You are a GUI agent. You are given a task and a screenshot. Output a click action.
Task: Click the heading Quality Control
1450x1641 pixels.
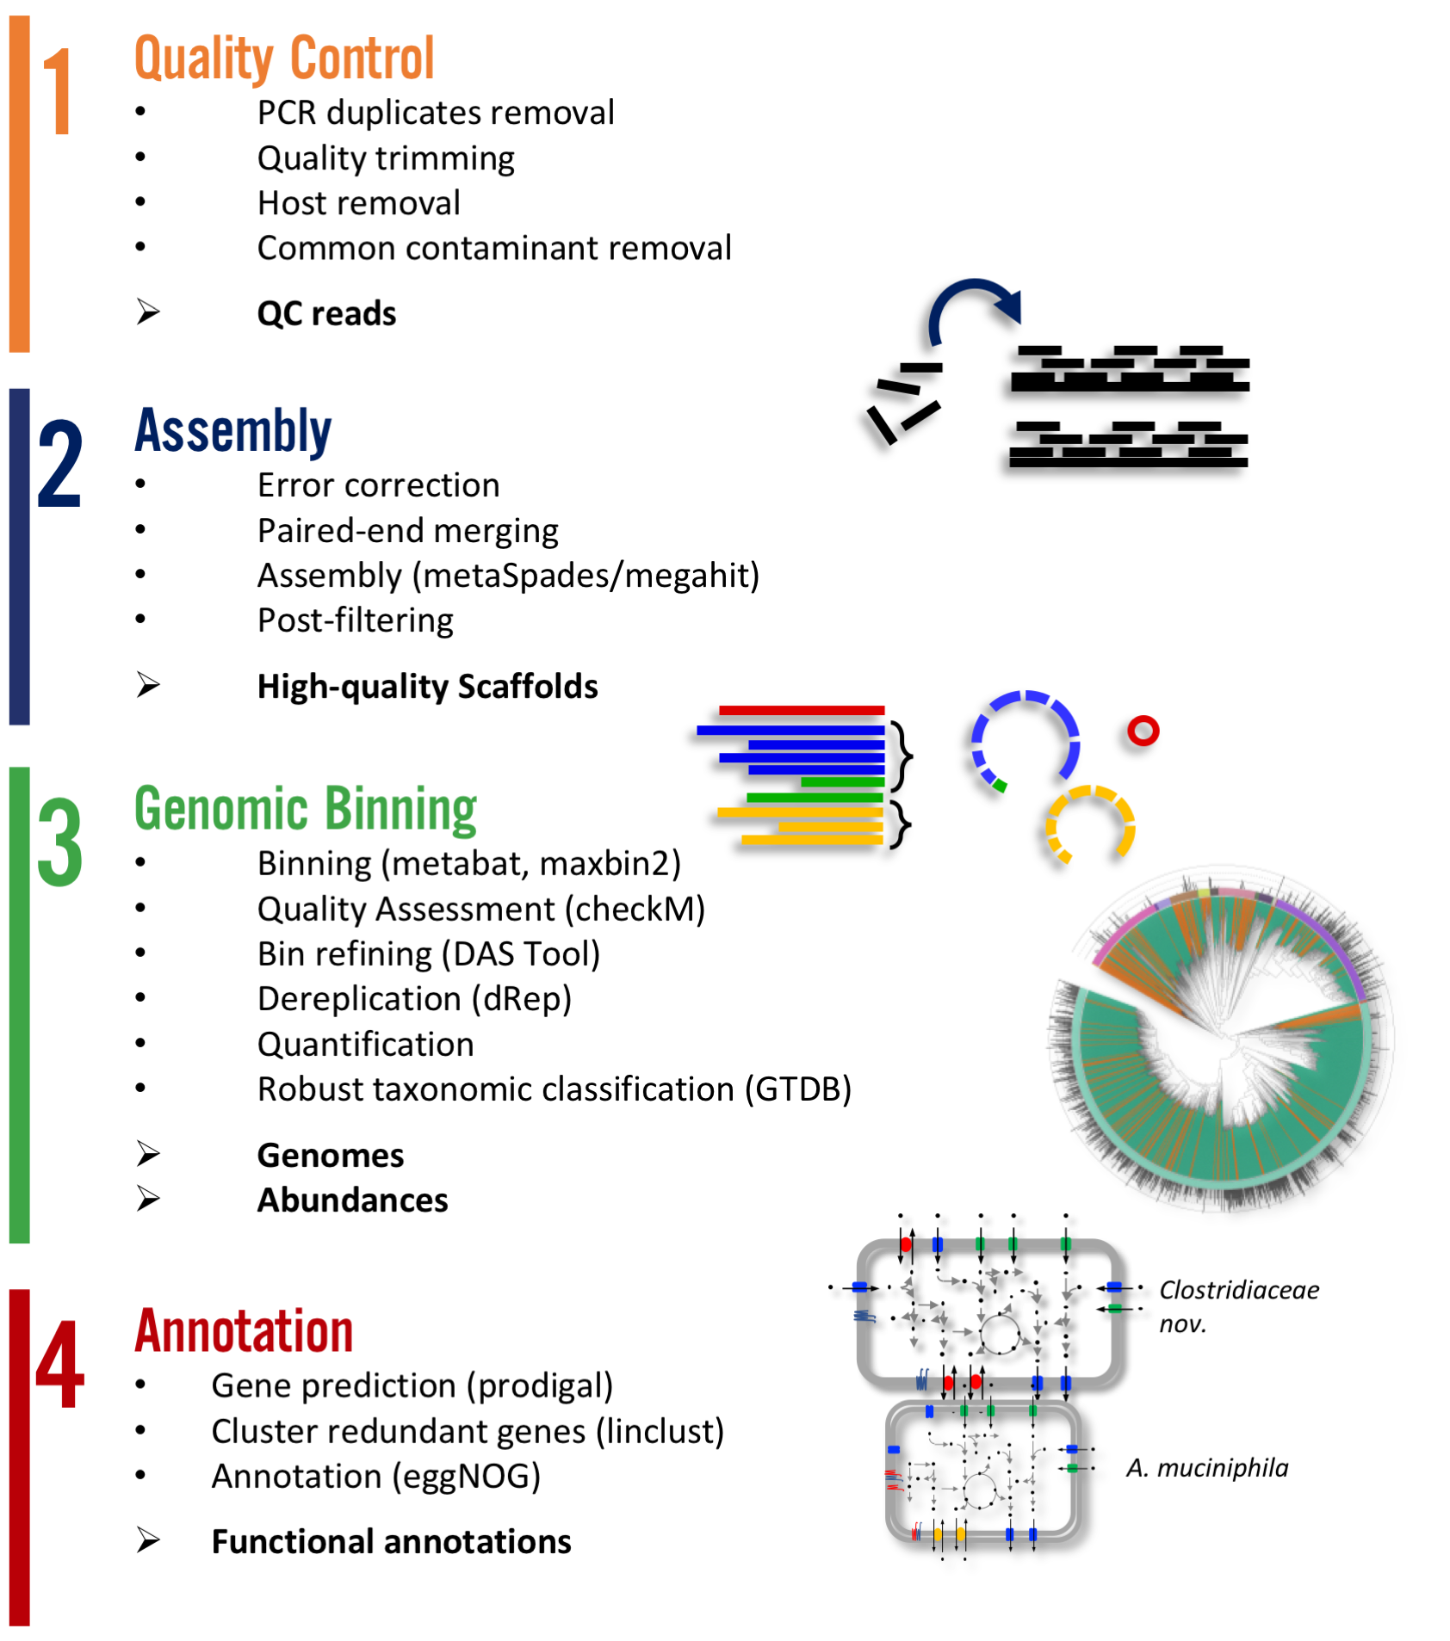(284, 59)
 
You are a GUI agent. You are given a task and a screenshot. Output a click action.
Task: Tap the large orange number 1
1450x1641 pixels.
(58, 90)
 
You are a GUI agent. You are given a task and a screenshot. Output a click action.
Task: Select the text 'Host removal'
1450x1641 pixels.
(358, 203)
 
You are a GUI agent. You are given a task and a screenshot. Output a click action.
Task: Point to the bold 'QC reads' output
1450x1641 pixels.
(326, 313)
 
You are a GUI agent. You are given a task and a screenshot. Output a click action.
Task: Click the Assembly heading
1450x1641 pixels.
(233, 430)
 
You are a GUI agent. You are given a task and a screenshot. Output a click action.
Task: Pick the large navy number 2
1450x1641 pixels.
(59, 464)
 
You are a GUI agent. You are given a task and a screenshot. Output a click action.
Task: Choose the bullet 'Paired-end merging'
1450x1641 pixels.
(407, 530)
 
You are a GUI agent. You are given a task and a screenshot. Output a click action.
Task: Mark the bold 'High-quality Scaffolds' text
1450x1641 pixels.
(427, 686)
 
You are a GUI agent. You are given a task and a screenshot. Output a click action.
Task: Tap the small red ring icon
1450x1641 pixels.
(1143, 731)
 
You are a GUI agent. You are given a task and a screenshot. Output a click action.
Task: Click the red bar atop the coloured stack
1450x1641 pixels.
(801, 711)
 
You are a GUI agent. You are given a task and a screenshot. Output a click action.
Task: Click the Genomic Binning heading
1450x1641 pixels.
(306, 809)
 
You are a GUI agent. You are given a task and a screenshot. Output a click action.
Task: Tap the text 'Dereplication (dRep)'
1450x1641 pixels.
(414, 998)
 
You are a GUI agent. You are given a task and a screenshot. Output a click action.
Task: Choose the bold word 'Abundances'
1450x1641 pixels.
(352, 1200)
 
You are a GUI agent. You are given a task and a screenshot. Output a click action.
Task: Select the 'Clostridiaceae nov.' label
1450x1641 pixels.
(1237, 1305)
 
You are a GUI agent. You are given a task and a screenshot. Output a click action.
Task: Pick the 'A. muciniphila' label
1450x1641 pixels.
(1206, 1467)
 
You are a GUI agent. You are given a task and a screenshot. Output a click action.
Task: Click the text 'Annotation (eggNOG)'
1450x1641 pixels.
(376, 1476)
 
